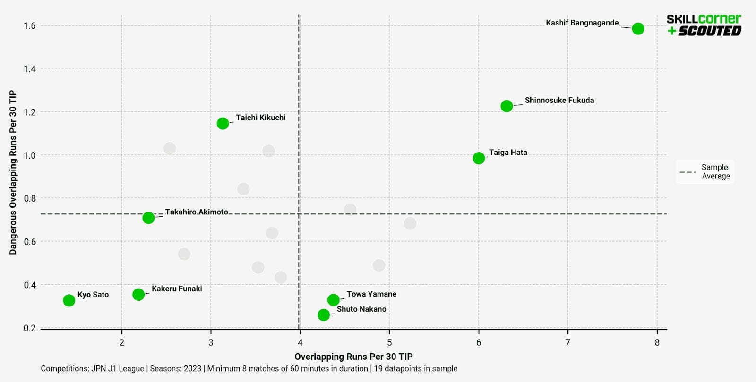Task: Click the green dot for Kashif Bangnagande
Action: [x=638, y=29]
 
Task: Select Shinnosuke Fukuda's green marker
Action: [x=507, y=106]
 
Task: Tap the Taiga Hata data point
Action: [x=479, y=158]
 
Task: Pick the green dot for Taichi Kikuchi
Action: [x=223, y=123]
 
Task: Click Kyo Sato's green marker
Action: [x=69, y=300]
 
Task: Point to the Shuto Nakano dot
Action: [x=324, y=315]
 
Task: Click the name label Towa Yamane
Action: [x=371, y=294]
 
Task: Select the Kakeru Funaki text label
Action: [x=177, y=289]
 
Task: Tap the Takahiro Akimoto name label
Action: [x=197, y=212]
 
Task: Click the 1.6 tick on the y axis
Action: [x=29, y=25]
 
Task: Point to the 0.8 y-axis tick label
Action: [x=29, y=198]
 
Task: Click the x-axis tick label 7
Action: [x=567, y=343]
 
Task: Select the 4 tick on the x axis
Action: [x=300, y=343]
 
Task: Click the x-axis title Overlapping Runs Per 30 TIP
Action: [x=353, y=357]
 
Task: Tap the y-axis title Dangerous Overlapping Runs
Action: [x=13, y=172]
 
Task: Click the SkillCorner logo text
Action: [x=703, y=19]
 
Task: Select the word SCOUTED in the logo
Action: [x=709, y=31]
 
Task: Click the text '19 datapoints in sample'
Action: [x=415, y=369]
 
